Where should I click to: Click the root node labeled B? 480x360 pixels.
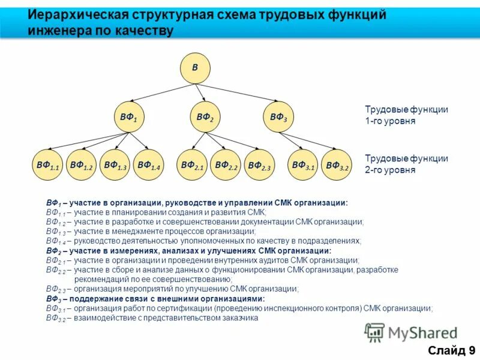click(x=195, y=68)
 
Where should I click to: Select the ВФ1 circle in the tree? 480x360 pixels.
click(x=129, y=118)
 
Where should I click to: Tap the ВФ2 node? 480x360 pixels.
click(x=205, y=118)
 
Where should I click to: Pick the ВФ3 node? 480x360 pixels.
click(x=278, y=118)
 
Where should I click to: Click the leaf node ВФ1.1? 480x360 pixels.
click(x=47, y=165)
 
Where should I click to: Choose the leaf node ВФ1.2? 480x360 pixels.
click(x=81, y=165)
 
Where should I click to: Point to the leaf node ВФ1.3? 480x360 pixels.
click(x=115, y=165)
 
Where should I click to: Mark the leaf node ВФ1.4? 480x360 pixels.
click(x=148, y=165)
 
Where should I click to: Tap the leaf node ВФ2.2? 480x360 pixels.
click(x=226, y=165)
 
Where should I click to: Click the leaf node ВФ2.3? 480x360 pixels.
click(x=259, y=166)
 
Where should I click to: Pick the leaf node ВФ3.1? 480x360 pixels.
click(x=303, y=165)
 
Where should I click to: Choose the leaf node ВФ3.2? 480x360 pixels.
click(x=337, y=166)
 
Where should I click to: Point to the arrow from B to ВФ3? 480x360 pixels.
click(x=237, y=94)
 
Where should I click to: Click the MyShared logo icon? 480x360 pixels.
click(x=374, y=332)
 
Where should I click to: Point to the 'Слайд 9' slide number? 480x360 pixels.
click(x=451, y=350)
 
